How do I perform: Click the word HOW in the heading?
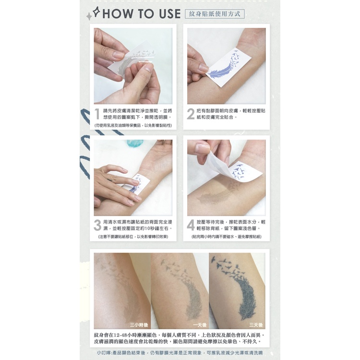pos(118,13)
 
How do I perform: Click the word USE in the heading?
pos(169,13)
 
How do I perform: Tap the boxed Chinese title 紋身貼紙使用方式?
pos(215,14)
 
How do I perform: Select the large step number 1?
pos(97,114)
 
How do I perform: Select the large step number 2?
pos(191,114)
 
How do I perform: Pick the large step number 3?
pos(97,225)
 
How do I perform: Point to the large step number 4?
pos(191,225)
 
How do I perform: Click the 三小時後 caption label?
pos(139,325)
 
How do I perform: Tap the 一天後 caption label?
pos(200,325)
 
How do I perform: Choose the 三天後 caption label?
pos(256,325)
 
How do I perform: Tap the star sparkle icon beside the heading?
pos(96,12)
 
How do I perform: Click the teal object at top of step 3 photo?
pos(135,144)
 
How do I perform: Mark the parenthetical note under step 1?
pos(133,125)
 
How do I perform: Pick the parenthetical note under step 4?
pos(227,237)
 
